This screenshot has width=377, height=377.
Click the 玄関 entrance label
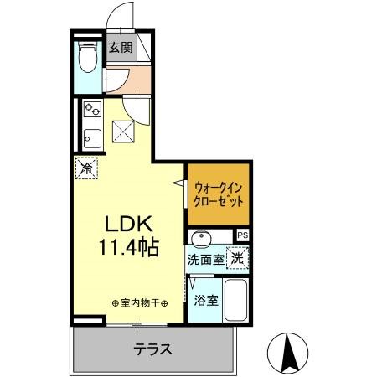point(121,47)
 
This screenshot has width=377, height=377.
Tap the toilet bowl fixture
point(86,58)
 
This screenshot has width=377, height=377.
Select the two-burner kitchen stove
point(91,110)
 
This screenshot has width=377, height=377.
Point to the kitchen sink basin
point(91,136)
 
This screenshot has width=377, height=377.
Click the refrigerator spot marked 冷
point(86,168)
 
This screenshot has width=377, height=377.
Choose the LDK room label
point(127,225)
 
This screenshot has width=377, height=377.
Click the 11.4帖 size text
point(127,249)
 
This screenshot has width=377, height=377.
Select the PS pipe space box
point(243,235)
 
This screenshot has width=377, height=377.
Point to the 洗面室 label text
point(205,260)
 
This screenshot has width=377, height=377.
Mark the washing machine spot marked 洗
point(238,259)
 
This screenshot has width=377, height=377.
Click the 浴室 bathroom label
point(206,299)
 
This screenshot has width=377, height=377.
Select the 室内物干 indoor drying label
point(139,302)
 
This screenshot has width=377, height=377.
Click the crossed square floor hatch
point(125,130)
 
